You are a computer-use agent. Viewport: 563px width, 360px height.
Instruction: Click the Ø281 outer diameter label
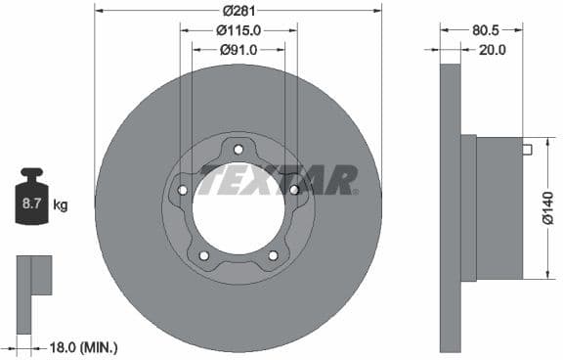pyautogui.click(x=238, y=11)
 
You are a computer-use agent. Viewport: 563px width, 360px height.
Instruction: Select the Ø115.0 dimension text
pyautogui.click(x=238, y=29)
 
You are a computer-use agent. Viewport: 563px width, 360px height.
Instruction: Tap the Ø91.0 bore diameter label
pyautogui.click(x=238, y=49)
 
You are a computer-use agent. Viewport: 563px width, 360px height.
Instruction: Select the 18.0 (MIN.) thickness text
pyautogui.click(x=85, y=345)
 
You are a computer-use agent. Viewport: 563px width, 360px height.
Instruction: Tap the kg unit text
pyautogui.click(x=61, y=205)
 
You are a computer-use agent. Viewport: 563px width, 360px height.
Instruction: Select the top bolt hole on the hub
pyautogui.click(x=238, y=149)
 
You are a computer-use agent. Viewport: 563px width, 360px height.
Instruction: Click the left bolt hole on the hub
pyautogui.click(x=183, y=190)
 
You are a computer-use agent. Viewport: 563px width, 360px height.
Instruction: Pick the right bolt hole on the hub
pyautogui.click(x=293, y=190)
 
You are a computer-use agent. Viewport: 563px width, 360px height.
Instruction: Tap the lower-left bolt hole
pyautogui.click(x=203, y=255)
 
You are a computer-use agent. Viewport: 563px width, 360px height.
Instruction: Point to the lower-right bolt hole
pyautogui.click(x=273, y=255)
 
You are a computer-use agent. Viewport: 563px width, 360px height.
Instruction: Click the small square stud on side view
pyautogui.click(x=527, y=150)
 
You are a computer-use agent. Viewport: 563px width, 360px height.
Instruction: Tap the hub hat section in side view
pyautogui.click(x=498, y=207)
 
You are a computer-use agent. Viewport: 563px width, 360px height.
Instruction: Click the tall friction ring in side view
pyautogui.click(x=450, y=207)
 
